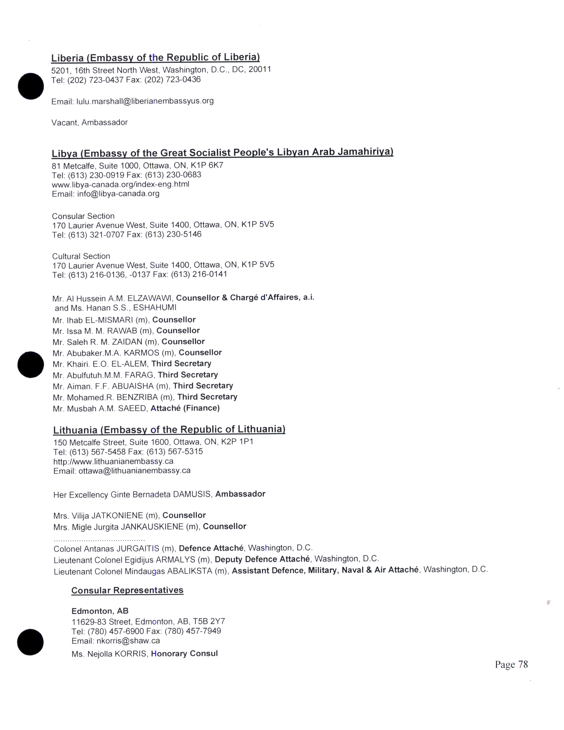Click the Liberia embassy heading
coord(155,58)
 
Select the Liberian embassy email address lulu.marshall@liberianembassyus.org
coord(145,101)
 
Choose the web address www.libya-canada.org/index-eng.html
coord(121,184)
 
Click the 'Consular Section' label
coord(83,216)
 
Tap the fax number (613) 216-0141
coord(199,275)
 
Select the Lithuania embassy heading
coord(169,430)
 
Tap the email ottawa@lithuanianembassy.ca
coord(134,471)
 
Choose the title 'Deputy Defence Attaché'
coord(262,559)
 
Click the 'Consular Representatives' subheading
coord(127,590)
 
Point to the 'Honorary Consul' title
coord(184,653)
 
